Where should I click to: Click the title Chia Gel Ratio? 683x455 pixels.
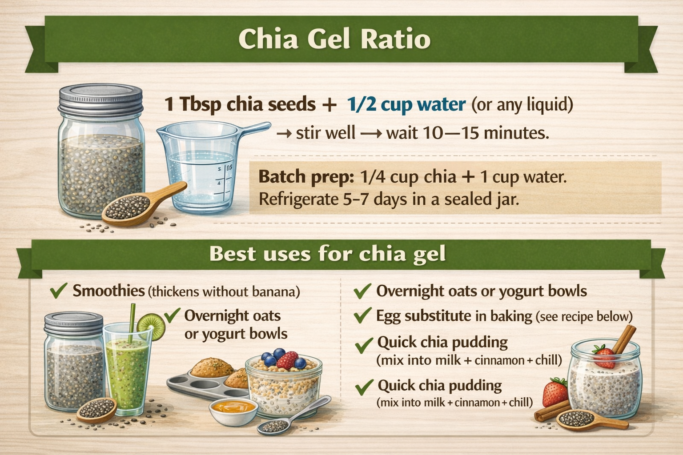pos(334,39)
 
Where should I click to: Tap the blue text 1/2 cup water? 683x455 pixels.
pos(406,105)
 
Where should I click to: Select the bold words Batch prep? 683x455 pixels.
pos(305,177)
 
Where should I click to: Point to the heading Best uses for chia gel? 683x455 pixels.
pos(327,254)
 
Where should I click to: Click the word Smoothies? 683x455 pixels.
pos(108,291)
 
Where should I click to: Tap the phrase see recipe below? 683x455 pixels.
pos(583,316)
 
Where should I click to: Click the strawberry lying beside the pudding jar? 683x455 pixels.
pos(555,392)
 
